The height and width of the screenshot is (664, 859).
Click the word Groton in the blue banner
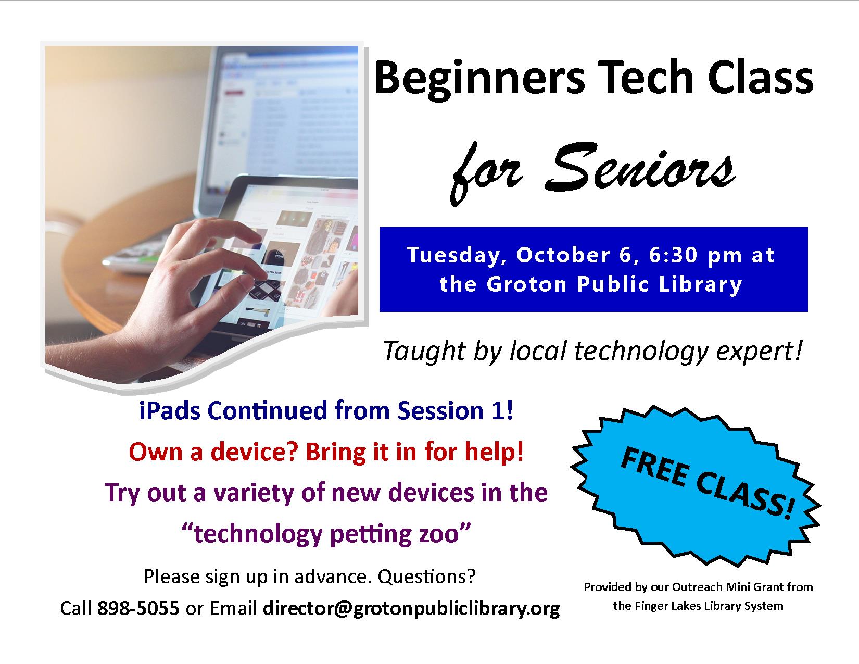526,284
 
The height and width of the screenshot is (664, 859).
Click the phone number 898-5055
138,608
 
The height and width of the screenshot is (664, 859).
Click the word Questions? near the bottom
426,577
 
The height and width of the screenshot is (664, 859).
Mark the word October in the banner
563,255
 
